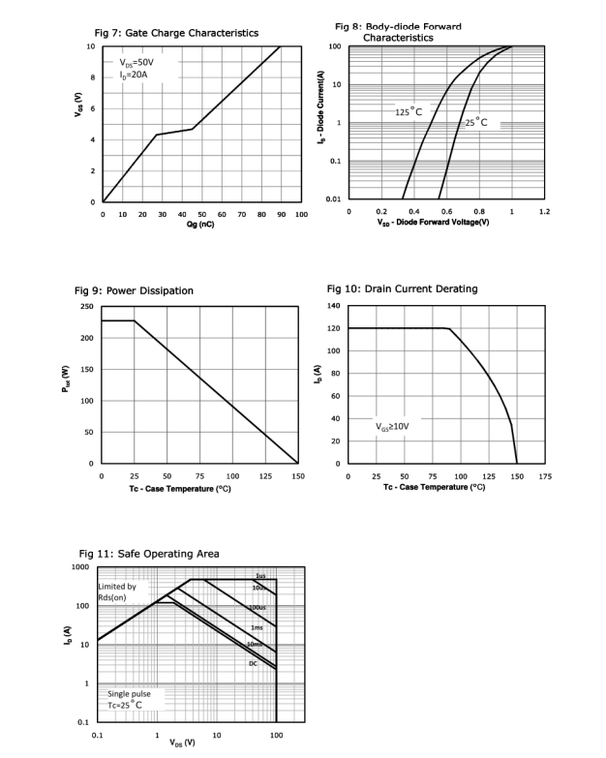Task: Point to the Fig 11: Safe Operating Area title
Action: (148, 553)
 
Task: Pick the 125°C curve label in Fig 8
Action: (409, 112)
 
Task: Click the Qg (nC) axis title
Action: (201, 224)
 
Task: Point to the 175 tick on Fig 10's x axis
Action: (544, 476)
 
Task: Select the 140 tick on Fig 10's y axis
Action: (334, 306)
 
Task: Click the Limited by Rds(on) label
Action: (119, 592)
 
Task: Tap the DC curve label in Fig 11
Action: (253, 663)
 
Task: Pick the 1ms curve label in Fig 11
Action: (257, 628)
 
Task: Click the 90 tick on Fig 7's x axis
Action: (282, 213)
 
